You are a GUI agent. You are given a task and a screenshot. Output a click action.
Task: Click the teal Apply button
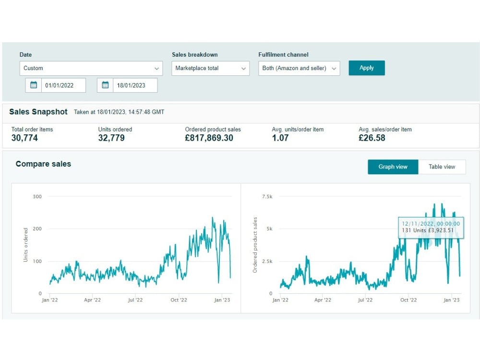click(x=366, y=68)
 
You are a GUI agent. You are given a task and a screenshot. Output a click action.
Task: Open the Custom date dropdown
click(x=91, y=68)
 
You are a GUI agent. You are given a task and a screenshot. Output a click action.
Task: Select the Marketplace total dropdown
click(x=210, y=68)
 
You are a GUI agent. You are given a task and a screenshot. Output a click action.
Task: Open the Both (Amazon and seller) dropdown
click(x=299, y=68)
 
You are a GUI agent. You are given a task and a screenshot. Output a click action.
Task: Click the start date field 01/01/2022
click(x=63, y=85)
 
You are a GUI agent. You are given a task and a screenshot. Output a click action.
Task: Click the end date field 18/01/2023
click(x=135, y=85)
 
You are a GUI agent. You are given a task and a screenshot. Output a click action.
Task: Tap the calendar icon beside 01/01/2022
click(x=34, y=85)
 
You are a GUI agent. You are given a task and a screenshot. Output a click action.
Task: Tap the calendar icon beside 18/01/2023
click(x=105, y=85)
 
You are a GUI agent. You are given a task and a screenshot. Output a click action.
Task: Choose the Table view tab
click(x=442, y=167)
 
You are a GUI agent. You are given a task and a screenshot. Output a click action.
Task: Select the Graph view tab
click(x=393, y=167)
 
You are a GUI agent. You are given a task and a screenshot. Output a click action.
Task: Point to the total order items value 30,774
click(x=24, y=138)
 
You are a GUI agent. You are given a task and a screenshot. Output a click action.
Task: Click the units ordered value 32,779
click(x=111, y=138)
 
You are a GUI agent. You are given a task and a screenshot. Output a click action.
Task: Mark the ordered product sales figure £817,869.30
click(x=209, y=138)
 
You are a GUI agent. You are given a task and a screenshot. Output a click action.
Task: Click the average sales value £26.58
click(x=372, y=138)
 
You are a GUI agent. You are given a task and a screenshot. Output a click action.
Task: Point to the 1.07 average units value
click(x=280, y=138)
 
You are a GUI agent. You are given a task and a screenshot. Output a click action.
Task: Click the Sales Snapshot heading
click(x=38, y=112)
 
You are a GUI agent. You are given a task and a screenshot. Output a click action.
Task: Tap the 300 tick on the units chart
click(x=37, y=196)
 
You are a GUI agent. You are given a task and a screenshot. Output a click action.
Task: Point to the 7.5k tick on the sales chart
click(x=267, y=196)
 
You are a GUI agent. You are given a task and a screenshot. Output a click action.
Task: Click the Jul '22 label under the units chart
click(x=135, y=300)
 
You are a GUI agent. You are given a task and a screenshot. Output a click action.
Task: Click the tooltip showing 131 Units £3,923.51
click(x=431, y=228)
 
